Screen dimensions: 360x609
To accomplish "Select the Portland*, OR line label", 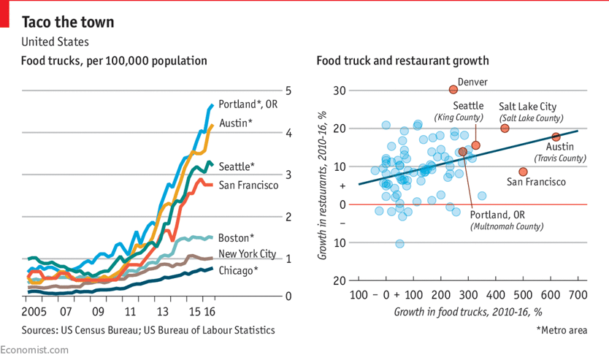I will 248,104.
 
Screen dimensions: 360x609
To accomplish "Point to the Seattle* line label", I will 237,166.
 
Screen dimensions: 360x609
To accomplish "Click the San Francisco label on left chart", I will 248,185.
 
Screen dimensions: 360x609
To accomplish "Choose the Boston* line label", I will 236,237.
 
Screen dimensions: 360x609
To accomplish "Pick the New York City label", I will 247,254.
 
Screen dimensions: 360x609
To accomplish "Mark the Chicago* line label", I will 238,271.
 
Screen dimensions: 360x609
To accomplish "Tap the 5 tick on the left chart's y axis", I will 289,91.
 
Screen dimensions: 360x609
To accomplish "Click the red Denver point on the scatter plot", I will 453,89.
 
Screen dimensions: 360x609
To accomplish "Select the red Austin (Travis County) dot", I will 556,137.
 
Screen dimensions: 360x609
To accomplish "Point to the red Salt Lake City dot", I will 505,129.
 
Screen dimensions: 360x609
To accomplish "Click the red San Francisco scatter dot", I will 523,172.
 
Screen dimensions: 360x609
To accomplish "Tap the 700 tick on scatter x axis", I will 578,295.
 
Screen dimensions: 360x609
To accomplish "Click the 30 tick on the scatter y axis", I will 340,91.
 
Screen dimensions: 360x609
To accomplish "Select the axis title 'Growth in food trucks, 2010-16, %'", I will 468,312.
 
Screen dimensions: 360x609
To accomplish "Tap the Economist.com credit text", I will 35,351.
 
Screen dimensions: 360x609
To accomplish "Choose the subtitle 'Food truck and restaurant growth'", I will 402,61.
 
